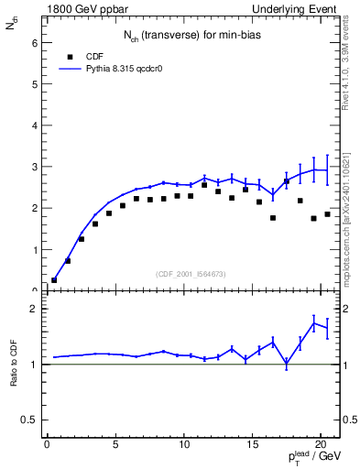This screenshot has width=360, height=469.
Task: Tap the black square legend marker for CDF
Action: (68, 56)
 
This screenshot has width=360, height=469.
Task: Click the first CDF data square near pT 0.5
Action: (54, 279)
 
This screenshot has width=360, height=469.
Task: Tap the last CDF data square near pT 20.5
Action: (327, 213)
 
